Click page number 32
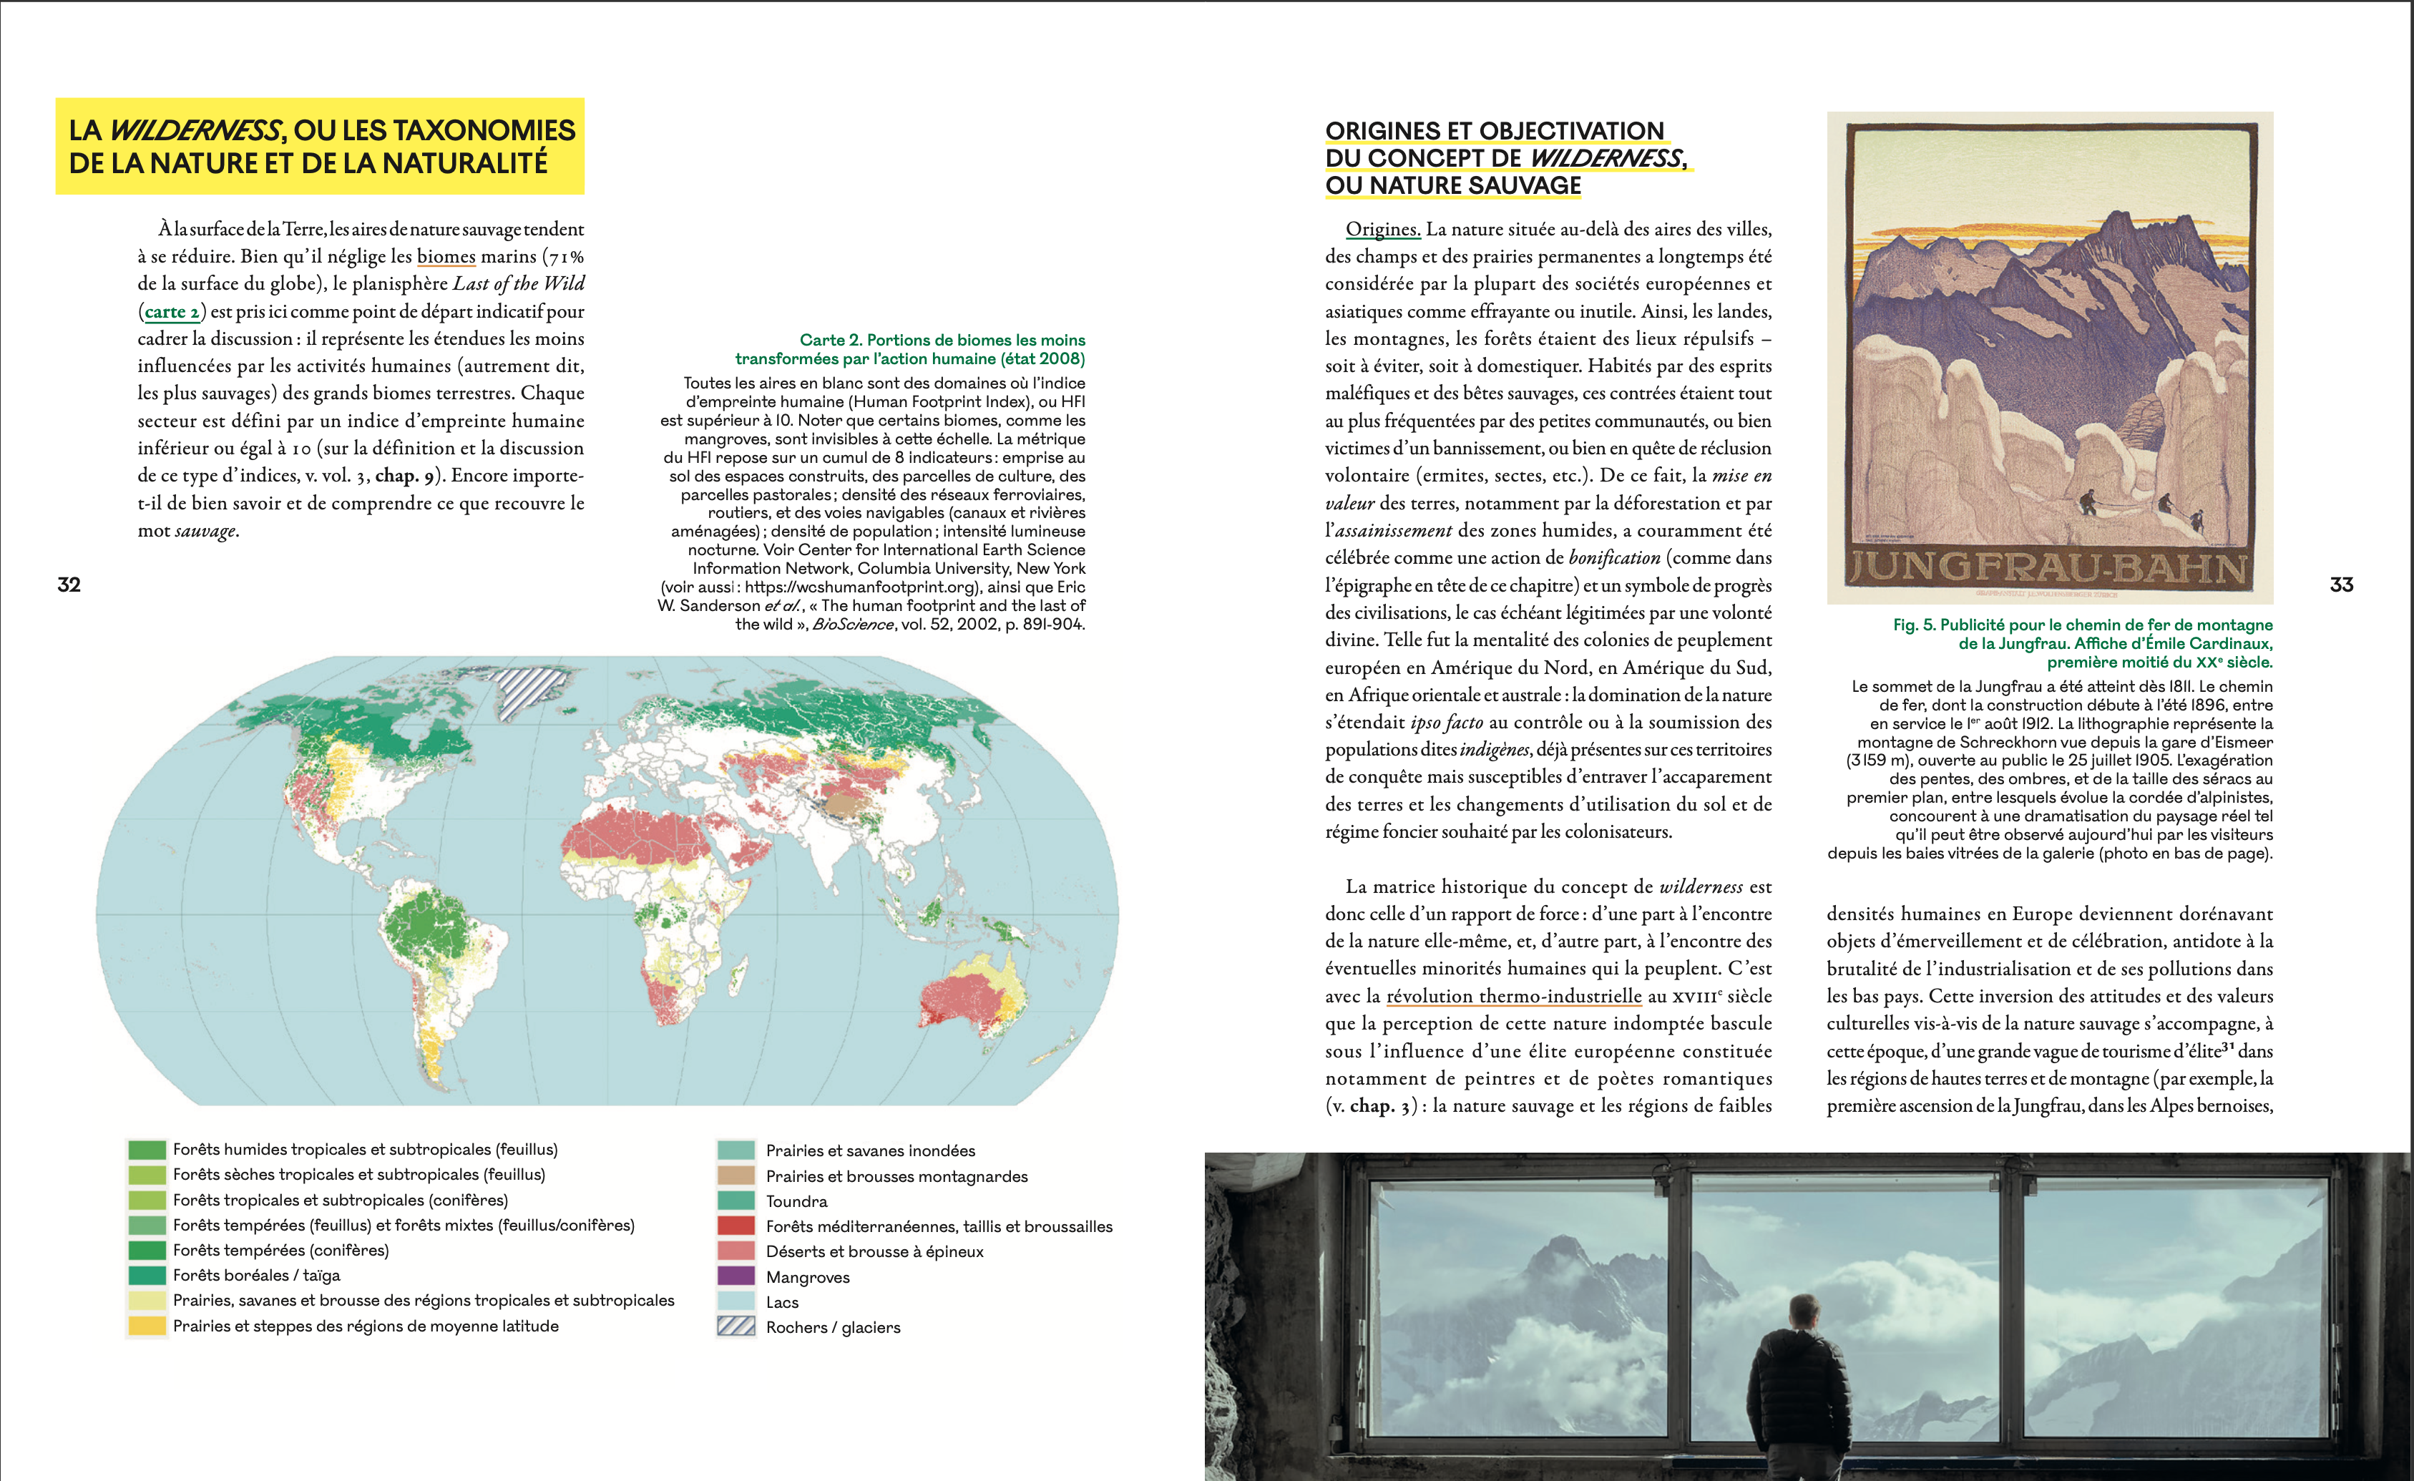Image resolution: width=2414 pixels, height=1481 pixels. point(69,585)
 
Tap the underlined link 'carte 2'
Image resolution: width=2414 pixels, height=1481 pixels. point(172,311)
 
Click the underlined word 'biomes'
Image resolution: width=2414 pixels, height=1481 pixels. point(446,257)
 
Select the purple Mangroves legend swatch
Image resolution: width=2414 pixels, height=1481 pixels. point(736,1276)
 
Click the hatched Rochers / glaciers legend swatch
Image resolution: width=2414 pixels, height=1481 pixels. point(736,1326)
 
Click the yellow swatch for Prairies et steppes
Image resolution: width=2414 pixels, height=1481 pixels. point(147,1325)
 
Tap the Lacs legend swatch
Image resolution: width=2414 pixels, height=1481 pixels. point(736,1301)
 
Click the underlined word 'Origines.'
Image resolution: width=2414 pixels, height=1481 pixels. point(1382,229)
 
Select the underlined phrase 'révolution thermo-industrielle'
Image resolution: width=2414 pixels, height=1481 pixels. point(1514,996)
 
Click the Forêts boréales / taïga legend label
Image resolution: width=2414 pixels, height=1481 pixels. point(257,1275)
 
